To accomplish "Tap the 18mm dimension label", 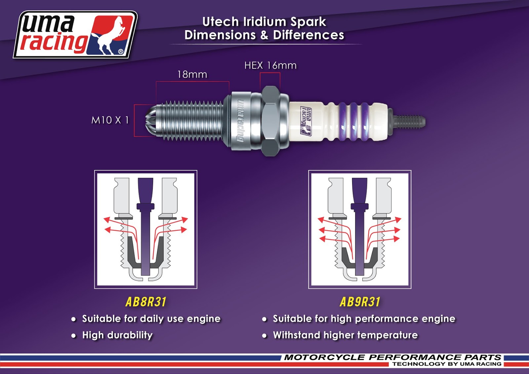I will [x=192, y=74].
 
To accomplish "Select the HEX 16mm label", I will [x=270, y=65].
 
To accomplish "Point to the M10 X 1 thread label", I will [x=110, y=120].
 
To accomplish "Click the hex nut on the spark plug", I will [x=271, y=121].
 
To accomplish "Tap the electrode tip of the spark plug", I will [x=150, y=120].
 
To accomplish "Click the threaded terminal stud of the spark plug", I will [x=410, y=121].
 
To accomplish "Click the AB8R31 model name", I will [x=146, y=302].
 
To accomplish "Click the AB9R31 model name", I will [x=360, y=302].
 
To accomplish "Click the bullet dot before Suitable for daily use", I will [x=73, y=319].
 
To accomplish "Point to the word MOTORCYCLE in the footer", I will [x=324, y=357].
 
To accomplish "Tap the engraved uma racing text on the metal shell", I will [x=240, y=121].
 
